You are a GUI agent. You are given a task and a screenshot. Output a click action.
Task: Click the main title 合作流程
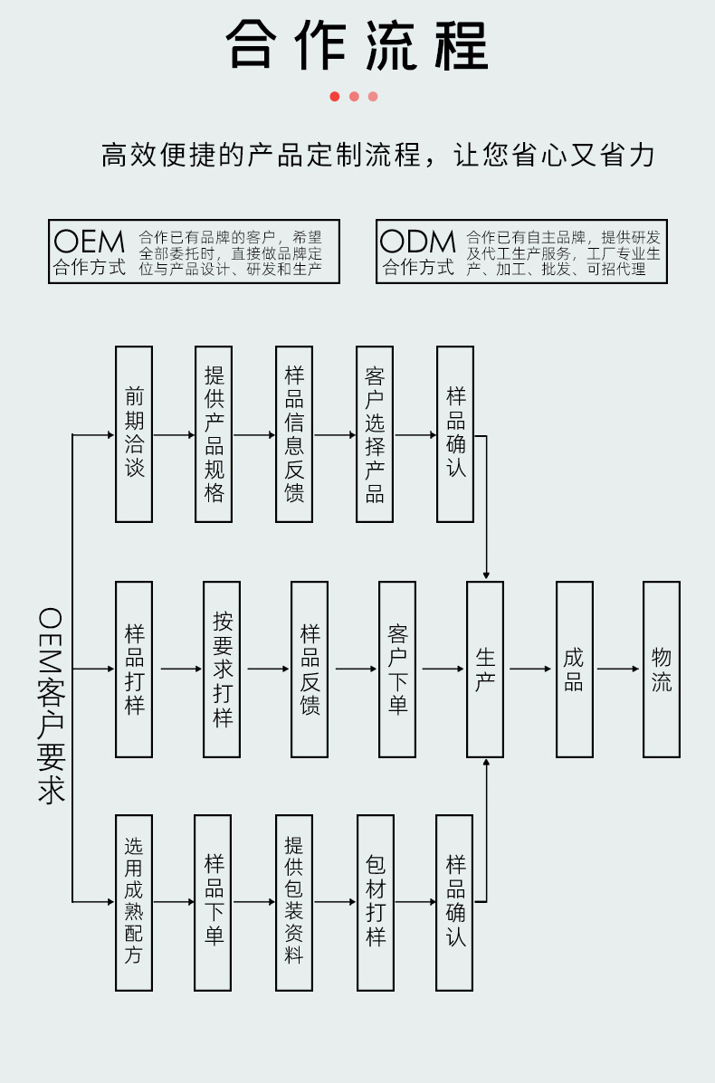tap(357, 45)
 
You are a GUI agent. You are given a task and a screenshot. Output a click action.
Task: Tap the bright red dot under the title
tap(335, 97)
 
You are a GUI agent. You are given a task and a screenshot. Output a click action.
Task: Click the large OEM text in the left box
tap(89, 242)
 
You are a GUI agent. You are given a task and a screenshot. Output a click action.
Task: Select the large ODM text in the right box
tap(417, 242)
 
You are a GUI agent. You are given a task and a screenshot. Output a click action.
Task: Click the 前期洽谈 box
tap(134, 434)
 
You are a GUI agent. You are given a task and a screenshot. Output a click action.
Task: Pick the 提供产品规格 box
tap(214, 434)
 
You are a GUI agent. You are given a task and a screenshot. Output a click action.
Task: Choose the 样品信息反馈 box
tap(294, 434)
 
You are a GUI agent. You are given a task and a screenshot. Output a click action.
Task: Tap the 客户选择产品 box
tap(375, 434)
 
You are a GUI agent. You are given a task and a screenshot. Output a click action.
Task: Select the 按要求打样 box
tap(222, 670)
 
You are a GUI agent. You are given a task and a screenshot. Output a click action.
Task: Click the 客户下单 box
tap(397, 670)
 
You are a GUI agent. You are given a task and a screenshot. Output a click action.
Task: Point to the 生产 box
tap(485, 670)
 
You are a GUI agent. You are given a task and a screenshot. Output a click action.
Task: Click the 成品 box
tap(574, 670)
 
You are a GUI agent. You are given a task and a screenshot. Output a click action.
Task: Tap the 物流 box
tap(662, 670)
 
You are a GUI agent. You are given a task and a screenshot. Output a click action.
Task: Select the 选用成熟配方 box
tap(134, 902)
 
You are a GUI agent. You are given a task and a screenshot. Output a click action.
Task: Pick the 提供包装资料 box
tap(294, 902)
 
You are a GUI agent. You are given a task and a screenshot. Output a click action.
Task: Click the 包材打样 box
tap(376, 902)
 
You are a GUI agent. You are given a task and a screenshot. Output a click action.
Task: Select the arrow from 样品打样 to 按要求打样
tap(177, 670)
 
